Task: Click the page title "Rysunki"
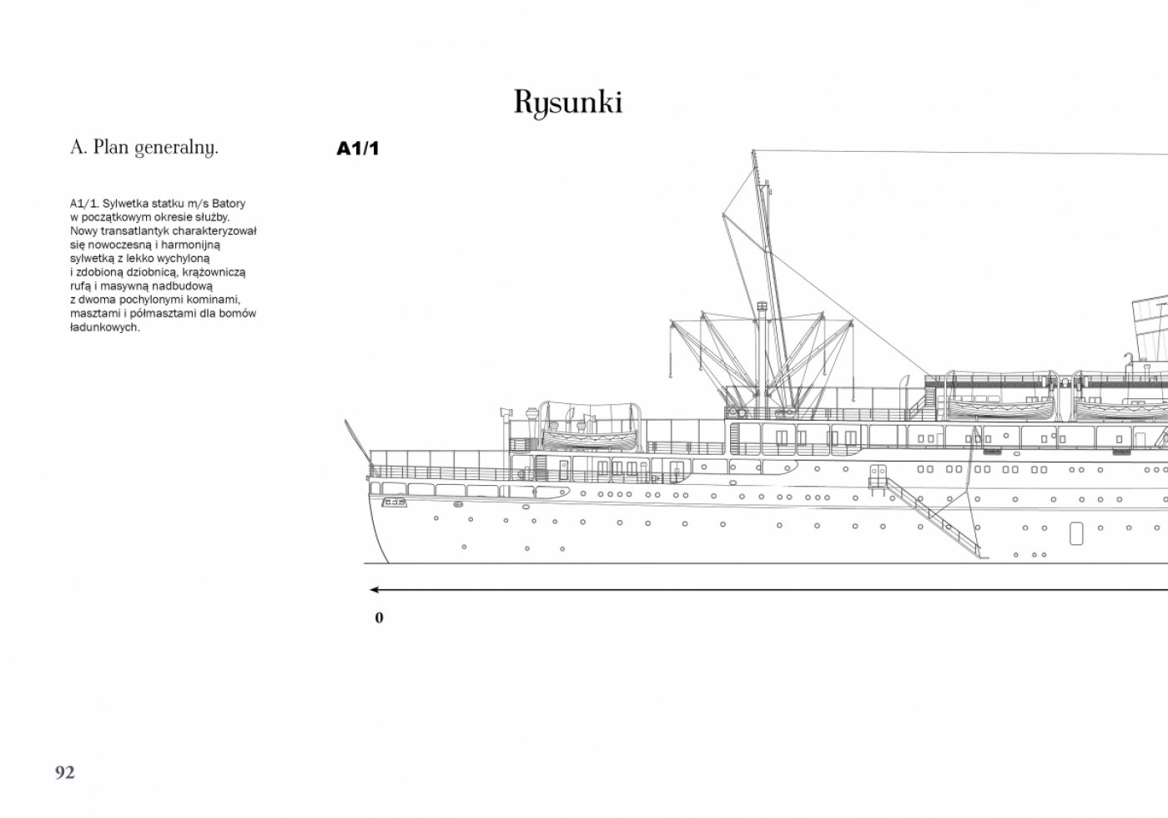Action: point(568,102)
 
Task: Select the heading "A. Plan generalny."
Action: point(143,148)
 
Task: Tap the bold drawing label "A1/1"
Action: point(358,149)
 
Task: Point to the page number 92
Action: point(65,772)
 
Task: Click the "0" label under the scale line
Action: point(379,618)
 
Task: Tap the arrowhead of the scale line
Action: point(375,590)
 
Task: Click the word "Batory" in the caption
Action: point(229,204)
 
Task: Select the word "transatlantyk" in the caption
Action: point(134,231)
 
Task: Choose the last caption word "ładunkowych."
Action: point(105,327)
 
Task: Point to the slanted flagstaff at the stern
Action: point(358,444)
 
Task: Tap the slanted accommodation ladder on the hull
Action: point(933,518)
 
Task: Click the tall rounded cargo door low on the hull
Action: point(1075,533)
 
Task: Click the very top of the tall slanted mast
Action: point(753,152)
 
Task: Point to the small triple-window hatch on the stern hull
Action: point(394,502)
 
